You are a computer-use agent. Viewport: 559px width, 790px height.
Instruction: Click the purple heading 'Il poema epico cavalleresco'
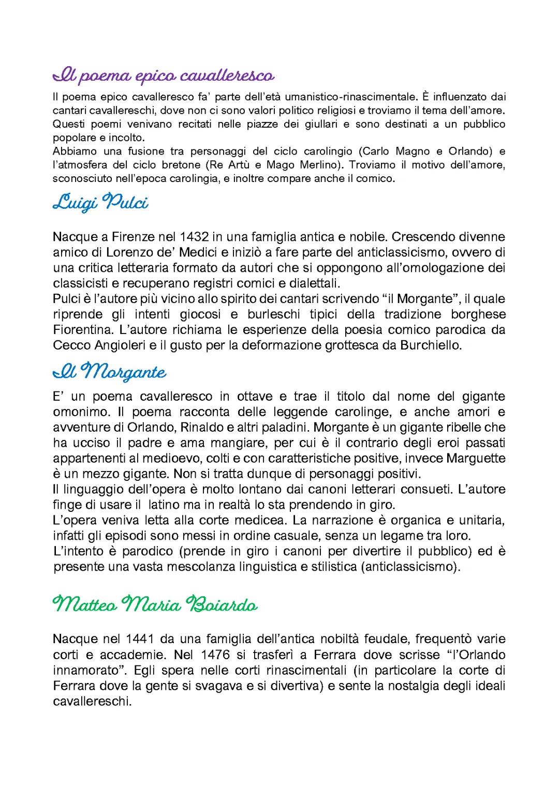(163, 76)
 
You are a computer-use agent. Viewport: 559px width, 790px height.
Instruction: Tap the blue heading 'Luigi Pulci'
(100, 203)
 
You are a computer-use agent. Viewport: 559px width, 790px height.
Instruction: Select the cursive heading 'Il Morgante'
(109, 372)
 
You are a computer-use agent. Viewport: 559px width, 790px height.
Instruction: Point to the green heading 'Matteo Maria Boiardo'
(155, 604)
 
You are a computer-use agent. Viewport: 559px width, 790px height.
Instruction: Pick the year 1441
(140, 639)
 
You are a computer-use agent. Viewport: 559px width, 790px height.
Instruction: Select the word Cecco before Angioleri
(70, 345)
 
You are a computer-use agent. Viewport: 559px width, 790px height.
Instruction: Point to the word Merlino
(325, 165)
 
